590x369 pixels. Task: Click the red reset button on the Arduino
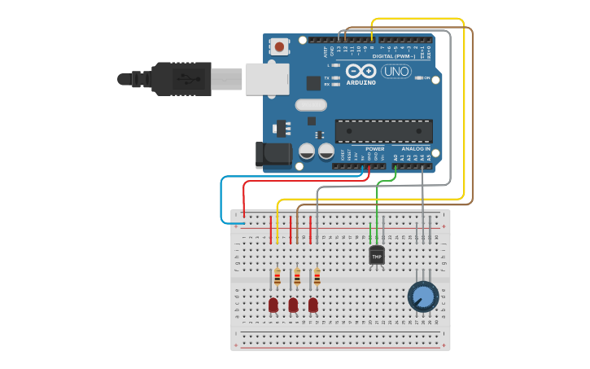[x=280, y=47]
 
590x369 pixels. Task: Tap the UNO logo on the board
[x=396, y=71]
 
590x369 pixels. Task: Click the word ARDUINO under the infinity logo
[x=361, y=82]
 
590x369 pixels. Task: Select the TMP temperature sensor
[x=376, y=255]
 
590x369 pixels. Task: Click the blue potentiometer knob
[x=423, y=297]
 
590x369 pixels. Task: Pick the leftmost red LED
[x=273, y=305]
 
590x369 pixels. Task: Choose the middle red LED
[x=293, y=305]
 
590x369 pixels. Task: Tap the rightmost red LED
[x=312, y=305]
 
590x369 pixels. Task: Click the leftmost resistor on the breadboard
[x=277, y=278]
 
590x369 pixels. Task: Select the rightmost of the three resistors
[x=317, y=278]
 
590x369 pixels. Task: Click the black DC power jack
[x=272, y=155]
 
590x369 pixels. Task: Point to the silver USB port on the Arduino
[x=267, y=79]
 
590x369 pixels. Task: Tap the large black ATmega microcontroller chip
[x=383, y=130]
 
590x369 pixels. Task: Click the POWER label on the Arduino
[x=375, y=149]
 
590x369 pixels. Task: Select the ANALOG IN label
[x=415, y=149]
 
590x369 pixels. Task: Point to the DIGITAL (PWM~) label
[x=393, y=56]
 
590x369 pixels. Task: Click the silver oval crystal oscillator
[x=311, y=104]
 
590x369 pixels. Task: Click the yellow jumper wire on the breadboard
[x=278, y=224]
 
